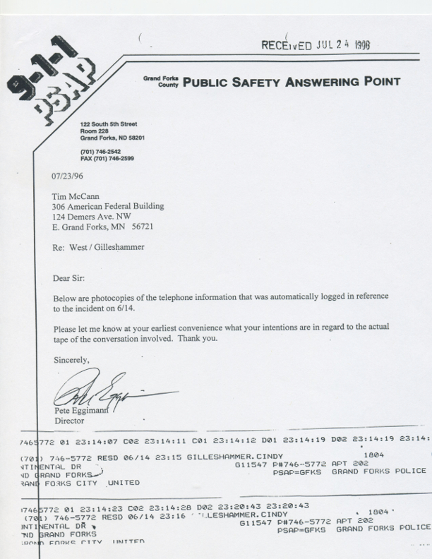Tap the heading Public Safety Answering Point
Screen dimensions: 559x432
coord(292,82)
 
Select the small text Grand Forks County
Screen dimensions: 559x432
coord(162,81)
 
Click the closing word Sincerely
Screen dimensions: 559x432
coord(72,360)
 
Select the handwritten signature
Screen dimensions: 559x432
coord(106,392)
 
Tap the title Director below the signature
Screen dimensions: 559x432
coord(69,421)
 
